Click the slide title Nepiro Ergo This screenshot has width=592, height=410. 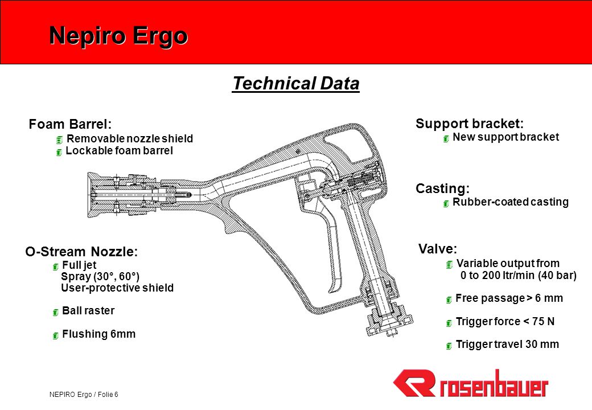(118, 36)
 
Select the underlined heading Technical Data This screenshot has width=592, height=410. (295, 84)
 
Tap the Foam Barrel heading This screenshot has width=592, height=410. (70, 124)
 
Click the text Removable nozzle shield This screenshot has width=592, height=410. (130, 138)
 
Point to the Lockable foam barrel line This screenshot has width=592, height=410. (120, 151)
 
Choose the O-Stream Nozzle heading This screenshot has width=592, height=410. (81, 252)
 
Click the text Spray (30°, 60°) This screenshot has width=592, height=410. (100, 276)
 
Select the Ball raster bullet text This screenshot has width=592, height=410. (88, 311)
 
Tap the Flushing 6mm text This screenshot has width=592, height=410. (98, 334)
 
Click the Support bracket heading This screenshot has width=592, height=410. (470, 124)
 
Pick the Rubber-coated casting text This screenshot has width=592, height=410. (511, 202)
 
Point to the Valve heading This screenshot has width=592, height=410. (438, 249)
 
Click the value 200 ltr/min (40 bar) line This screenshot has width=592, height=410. (519, 275)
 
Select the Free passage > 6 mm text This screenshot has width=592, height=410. (509, 298)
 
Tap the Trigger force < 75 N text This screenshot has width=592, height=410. (505, 322)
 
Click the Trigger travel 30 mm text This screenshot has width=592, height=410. (507, 345)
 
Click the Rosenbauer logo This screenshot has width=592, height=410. (470, 384)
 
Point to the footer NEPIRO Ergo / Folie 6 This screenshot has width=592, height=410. (84, 395)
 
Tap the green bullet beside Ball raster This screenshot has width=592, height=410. (56, 312)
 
